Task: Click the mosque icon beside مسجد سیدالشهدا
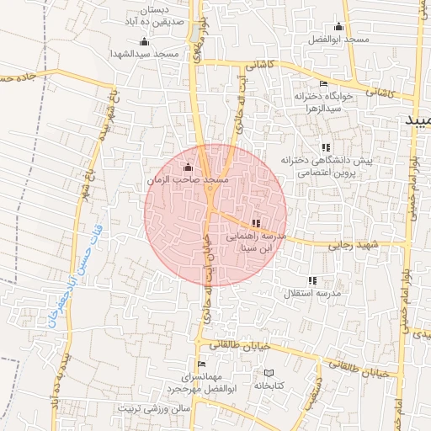pos(144,42)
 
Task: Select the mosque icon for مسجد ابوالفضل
pos(339,27)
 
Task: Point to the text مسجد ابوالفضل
pos(339,40)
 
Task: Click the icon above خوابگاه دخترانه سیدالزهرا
pos(324,84)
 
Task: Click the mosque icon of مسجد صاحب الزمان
pos(187,168)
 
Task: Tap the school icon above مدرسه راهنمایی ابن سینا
pos(256,223)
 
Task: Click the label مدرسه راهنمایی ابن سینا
pos(257,243)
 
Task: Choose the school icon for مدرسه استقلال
pos(312,279)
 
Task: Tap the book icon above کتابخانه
pos(269,373)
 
